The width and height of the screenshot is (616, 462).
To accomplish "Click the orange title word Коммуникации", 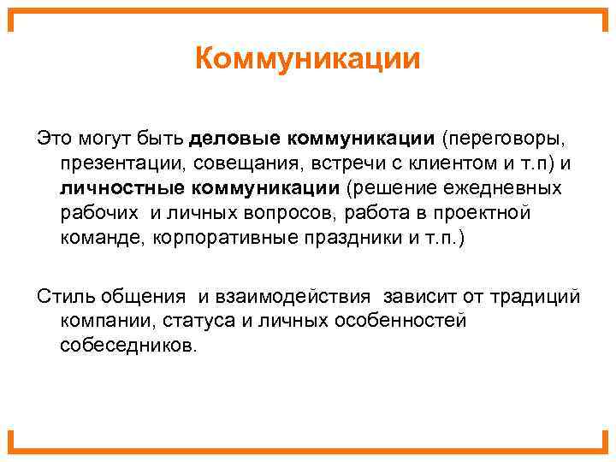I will pyautogui.click(x=308, y=60).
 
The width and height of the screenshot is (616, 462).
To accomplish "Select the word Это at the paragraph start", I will pyautogui.click(x=51, y=137).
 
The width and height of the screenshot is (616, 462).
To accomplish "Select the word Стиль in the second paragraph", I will pyautogui.click(x=62, y=296).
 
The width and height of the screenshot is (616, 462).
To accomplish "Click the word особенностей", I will pyautogui.click(x=402, y=321).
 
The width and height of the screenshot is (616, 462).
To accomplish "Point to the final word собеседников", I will pyautogui.click(x=128, y=346).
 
